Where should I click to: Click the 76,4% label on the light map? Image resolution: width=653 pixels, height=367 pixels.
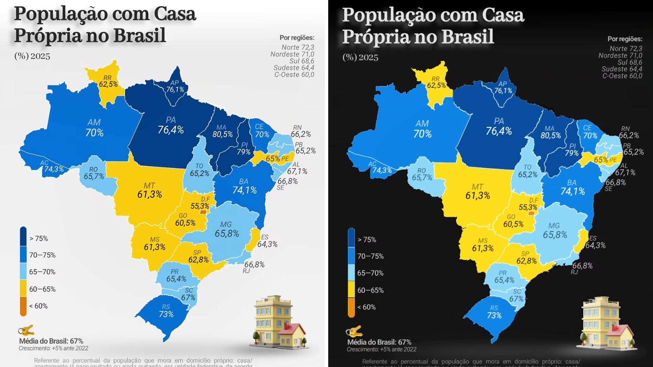coord(170,130)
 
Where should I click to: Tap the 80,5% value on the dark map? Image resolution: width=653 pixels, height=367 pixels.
coord(551,135)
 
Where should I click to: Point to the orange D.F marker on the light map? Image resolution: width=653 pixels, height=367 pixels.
coord(203,212)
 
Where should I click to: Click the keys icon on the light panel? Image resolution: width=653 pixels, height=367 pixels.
coord(26,330)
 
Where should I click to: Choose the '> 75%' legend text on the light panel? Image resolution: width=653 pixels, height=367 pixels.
coord(38,239)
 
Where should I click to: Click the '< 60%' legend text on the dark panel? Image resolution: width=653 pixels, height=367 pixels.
coord(366,307)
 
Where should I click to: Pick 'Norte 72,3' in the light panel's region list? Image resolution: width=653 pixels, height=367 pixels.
coord(298,47)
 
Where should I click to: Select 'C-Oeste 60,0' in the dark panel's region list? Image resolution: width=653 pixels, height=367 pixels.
coord(622,76)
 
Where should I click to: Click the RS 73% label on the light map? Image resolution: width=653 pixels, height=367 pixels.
coord(166,311)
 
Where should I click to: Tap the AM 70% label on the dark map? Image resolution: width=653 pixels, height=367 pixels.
coord(422,129)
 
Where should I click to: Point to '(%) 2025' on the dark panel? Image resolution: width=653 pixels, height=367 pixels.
coord(360,57)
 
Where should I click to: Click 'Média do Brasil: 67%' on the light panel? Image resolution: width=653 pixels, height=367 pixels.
coord(51,341)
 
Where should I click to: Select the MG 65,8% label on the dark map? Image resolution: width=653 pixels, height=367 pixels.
coord(555,231)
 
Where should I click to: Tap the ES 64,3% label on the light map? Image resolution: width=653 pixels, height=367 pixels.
coord(267,241)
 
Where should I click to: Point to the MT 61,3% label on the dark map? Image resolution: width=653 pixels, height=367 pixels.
coord(478,192)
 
